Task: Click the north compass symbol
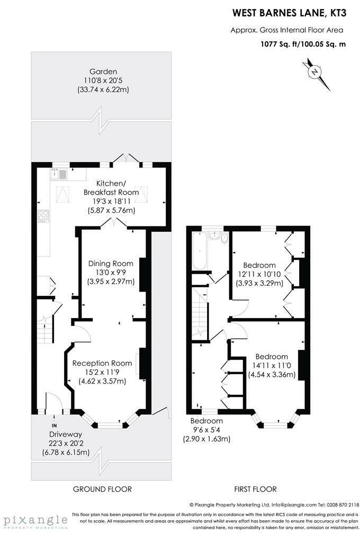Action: click(316, 73)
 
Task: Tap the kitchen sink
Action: click(59, 174)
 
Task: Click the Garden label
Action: click(103, 71)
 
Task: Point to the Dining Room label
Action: click(111, 263)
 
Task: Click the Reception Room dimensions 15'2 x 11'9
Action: click(102, 372)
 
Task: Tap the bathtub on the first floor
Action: click(199, 250)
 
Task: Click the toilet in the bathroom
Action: click(224, 238)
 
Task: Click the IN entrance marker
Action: click(54, 426)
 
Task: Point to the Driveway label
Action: click(66, 434)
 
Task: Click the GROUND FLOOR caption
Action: click(102, 489)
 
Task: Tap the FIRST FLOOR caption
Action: click(255, 489)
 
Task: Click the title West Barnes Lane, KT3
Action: click(290, 13)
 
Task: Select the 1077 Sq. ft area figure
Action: click(275, 44)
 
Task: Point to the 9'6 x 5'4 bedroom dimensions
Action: click(207, 430)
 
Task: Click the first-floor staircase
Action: click(200, 313)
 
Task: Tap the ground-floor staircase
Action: click(45, 329)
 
